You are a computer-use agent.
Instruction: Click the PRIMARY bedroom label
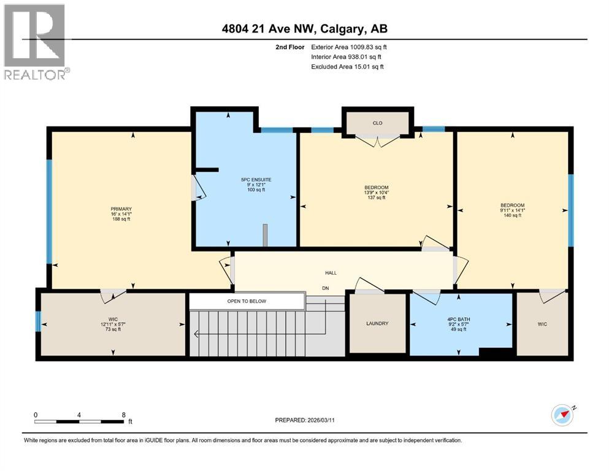121,209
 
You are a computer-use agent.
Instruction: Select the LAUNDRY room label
377,324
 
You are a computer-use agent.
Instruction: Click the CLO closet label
377,123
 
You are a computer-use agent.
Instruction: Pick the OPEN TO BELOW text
246,301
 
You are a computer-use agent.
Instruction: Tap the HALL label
331,273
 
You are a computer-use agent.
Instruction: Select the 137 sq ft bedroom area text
376,197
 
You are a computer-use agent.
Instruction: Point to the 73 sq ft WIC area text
112,329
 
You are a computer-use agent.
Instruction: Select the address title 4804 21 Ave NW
305,29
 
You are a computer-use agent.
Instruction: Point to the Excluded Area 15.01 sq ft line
347,67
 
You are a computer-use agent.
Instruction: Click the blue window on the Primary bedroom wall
49,212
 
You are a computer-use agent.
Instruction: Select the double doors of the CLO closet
377,140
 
